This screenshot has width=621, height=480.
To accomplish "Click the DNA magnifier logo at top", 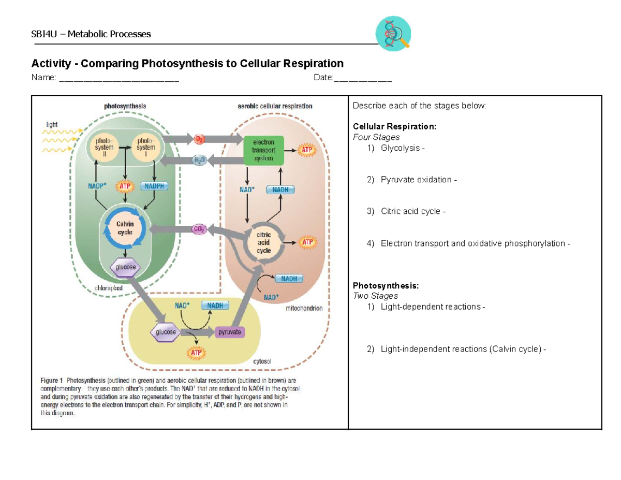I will [393, 34].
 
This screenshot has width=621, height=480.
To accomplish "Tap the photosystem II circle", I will [107, 147].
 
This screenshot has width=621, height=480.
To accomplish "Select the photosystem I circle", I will [145, 147].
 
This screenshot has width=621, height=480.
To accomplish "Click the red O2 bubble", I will [199, 139].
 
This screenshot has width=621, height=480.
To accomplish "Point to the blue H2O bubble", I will [199, 161].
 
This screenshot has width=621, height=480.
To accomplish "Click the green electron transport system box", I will [264, 150].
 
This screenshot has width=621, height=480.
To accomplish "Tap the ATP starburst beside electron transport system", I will [308, 150].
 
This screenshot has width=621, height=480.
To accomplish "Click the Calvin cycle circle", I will [125, 228].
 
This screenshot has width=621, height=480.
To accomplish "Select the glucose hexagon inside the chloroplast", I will [125, 268].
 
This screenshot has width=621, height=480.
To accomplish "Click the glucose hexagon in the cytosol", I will [166, 332].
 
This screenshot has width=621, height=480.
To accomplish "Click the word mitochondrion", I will [304, 308].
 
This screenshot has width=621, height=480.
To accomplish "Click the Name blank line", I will [119, 80].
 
